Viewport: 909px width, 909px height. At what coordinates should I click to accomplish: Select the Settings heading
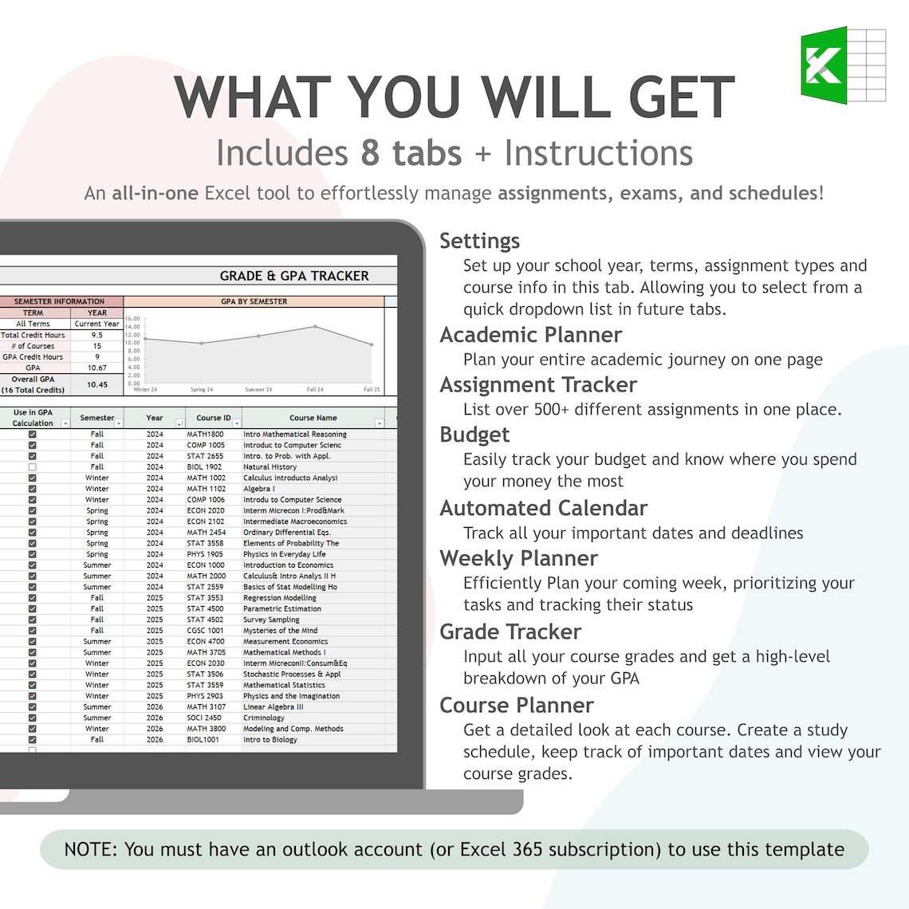[479, 241]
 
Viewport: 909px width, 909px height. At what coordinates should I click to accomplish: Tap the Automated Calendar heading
[543, 508]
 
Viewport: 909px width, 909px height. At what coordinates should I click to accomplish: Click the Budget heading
[474, 435]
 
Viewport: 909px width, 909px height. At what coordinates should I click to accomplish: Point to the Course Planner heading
[516, 705]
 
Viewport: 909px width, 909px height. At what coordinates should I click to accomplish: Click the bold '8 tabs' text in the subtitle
[411, 153]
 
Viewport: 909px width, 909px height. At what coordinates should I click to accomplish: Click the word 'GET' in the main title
[682, 97]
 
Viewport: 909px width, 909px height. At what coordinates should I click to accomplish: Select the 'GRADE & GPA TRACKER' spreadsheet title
[294, 276]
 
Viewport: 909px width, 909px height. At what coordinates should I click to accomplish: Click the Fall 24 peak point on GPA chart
[316, 326]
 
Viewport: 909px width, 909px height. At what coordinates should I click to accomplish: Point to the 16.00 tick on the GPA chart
[132, 319]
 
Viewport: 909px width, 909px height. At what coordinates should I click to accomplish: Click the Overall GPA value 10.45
[97, 384]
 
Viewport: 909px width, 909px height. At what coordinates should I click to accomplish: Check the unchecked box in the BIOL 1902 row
[33, 467]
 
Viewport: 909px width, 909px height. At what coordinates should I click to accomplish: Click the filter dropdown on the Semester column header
[119, 423]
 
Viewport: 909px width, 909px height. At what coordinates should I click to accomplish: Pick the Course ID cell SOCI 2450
[204, 718]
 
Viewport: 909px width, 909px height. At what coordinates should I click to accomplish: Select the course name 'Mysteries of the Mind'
[280, 631]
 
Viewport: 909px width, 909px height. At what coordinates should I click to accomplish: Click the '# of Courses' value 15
[97, 346]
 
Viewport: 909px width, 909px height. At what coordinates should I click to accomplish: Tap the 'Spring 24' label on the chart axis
[202, 390]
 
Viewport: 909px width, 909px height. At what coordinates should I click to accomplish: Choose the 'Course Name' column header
[313, 418]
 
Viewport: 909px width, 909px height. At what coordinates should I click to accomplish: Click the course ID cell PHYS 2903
[205, 696]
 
